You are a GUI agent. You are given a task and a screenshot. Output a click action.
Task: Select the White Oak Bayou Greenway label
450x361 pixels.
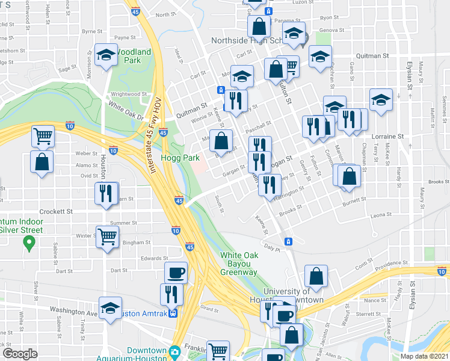coord(239,264)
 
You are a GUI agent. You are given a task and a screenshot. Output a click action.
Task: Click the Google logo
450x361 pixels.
coord(20,353)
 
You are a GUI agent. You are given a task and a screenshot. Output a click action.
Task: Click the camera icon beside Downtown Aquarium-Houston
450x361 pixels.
coord(174,351)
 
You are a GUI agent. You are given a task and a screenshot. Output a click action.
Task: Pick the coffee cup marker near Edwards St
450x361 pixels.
coord(176,272)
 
